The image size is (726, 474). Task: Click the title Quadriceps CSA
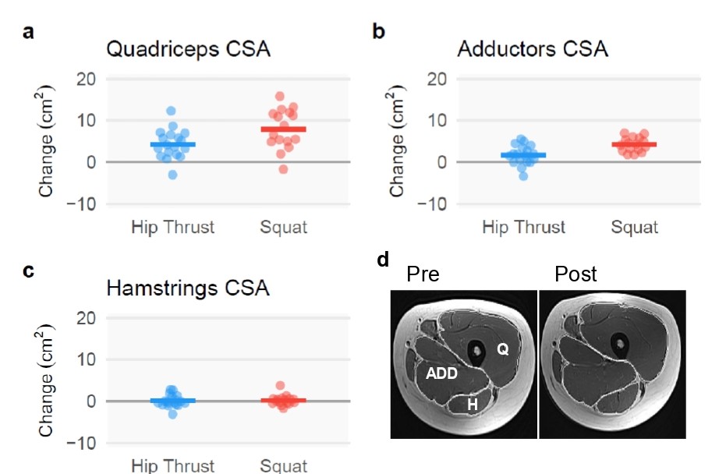pos(188,49)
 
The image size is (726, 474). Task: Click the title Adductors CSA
pos(532,49)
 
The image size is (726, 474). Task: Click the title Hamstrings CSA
pos(188,288)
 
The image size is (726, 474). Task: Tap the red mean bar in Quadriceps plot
pos(284,129)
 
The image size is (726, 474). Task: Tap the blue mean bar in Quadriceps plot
pos(172,144)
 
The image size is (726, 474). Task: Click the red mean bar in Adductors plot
pos(634,144)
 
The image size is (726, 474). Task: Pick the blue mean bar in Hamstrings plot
pos(172,400)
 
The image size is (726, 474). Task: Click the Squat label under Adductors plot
pos(634,228)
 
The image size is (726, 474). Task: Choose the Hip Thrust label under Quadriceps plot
pos(172,228)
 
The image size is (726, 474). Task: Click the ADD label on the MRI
pos(441,374)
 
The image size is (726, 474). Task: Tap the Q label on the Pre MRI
pos(503,350)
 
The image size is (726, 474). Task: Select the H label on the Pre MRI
pos(473,404)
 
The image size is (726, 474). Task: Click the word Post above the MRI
pos(575,274)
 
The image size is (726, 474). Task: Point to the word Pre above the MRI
pos(423,274)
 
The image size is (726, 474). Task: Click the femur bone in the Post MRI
pos(620,343)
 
